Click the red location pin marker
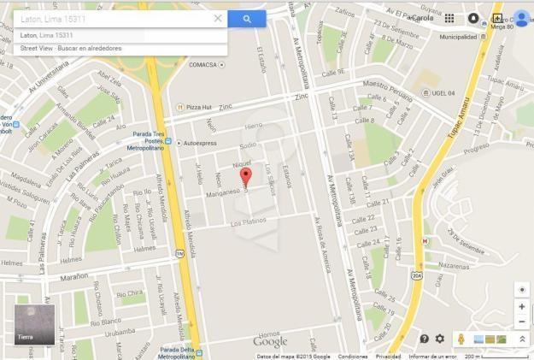(246, 177)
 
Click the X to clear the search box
(218, 18)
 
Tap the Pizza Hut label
(198, 107)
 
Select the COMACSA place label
(202, 64)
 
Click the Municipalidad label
(458, 38)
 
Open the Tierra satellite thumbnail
(34, 324)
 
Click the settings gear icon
(440, 339)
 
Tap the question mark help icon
(424, 339)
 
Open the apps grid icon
(449, 18)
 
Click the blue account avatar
(521, 18)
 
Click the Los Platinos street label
(249, 221)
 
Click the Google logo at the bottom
(270, 342)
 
